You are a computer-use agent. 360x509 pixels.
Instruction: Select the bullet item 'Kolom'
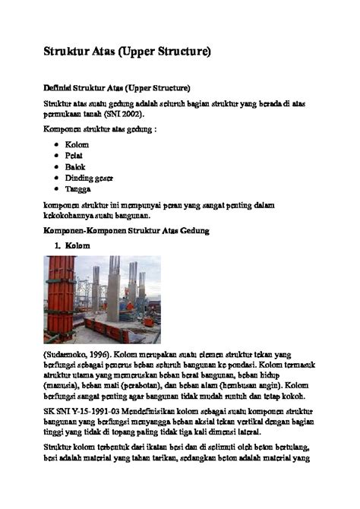coord(77,144)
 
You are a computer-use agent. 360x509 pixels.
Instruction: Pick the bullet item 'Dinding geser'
coord(89,178)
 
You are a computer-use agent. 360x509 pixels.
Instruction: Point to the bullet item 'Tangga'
coord(77,189)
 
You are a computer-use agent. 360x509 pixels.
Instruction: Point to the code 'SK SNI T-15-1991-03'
coord(78,417)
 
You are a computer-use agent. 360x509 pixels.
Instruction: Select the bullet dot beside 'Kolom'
coord(58,144)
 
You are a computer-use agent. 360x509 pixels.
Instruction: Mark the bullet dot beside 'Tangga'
coord(58,189)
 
